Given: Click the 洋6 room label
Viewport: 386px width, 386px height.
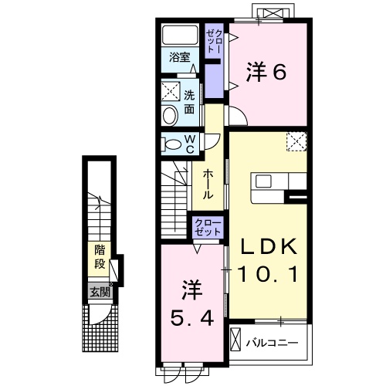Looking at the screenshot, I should (267, 72).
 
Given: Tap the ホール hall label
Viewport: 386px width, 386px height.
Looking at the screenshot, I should (208, 185).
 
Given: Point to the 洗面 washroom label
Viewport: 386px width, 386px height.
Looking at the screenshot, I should (190, 103).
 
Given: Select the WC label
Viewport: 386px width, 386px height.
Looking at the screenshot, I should (189, 144).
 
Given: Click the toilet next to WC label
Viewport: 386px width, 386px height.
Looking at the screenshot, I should (171, 144).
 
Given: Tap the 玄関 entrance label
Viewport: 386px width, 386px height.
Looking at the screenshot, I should (99, 292).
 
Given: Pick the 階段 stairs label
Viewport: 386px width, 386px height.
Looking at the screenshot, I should (100, 256).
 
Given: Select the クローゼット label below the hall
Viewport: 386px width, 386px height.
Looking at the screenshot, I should (208, 229).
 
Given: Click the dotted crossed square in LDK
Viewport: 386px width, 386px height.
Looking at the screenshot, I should (296, 141).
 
